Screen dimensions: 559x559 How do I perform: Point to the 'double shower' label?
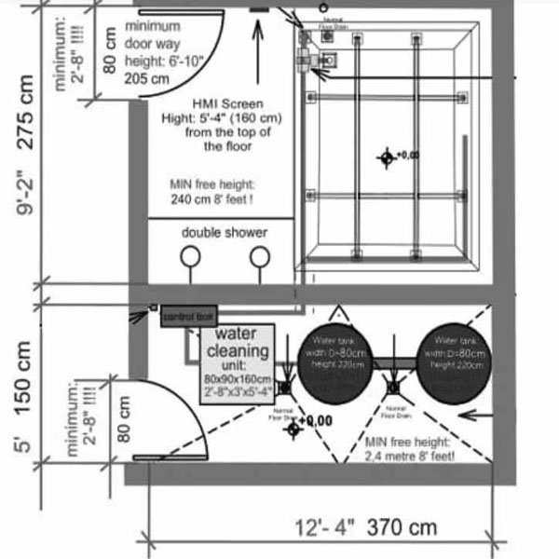click(225, 232)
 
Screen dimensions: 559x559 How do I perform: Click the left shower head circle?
click(190, 255)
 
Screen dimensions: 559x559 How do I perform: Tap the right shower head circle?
click(261, 255)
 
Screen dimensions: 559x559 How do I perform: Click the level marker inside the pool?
click(386, 157)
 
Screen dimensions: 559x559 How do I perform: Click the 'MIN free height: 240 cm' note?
click(224, 191)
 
